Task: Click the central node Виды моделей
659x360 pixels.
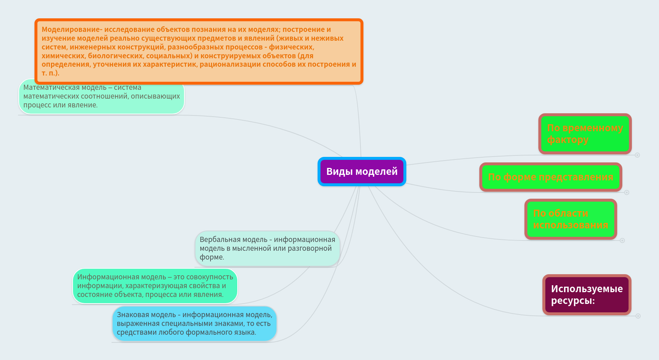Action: [362, 172]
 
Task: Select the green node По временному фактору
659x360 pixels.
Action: [585, 134]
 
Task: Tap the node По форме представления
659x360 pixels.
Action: [550, 177]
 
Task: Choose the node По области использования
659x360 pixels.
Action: [571, 219]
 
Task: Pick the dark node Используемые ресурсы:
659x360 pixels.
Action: [587, 295]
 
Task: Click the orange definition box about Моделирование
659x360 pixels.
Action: [199, 51]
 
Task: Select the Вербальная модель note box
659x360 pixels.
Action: [267, 249]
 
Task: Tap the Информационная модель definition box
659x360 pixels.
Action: [155, 286]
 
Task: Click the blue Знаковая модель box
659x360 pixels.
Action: [194, 324]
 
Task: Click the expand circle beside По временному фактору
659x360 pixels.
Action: [637, 155]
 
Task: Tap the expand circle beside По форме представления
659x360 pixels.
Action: [627, 192]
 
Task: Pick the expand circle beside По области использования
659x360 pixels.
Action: [622, 240]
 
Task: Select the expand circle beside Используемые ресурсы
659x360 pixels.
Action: [638, 316]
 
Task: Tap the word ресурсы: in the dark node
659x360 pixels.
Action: [573, 301]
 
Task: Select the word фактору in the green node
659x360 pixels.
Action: [568, 140]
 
